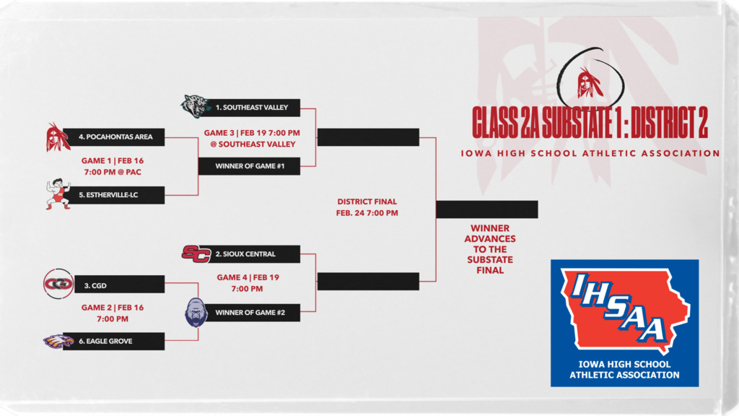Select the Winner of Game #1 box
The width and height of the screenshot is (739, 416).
point(249,166)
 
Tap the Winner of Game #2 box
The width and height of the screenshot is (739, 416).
point(249,313)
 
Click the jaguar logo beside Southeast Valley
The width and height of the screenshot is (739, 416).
point(196,107)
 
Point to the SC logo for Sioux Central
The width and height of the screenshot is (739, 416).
point(196,253)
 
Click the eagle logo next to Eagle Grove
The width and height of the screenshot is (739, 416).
point(58,341)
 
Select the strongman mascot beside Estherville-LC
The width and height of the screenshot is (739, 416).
point(58,194)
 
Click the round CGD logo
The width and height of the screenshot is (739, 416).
point(58,284)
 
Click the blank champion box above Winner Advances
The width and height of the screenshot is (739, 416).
point(487,209)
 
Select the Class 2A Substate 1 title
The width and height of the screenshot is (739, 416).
point(590,122)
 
